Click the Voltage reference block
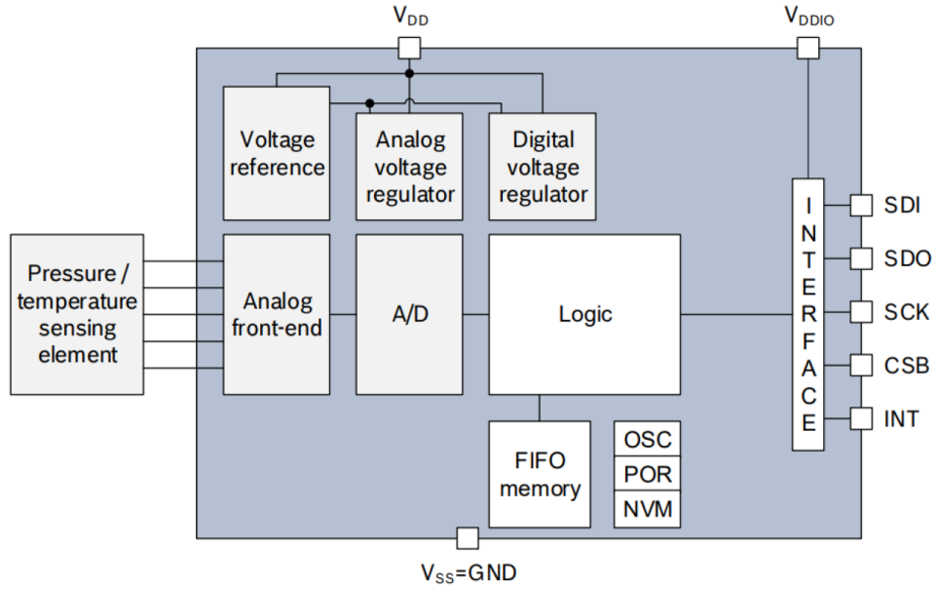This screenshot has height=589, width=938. (277, 153)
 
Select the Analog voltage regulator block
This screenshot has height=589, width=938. (410, 167)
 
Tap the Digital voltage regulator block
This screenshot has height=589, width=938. (543, 167)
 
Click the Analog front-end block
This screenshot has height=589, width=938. (277, 314)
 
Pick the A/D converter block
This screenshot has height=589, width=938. (409, 314)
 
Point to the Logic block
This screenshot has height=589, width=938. (584, 314)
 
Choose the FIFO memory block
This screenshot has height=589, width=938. (540, 474)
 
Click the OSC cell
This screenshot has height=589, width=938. (647, 439)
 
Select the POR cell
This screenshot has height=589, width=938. (647, 474)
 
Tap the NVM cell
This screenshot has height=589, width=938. (647, 510)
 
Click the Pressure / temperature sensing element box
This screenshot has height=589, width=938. (77, 314)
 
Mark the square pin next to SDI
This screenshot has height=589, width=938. (861, 205)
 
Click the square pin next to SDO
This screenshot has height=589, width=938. (861, 258)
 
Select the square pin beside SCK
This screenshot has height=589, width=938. (861, 312)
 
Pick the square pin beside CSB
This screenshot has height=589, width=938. (861, 366)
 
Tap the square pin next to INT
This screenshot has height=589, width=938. (861, 419)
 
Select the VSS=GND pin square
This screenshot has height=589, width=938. (468, 537)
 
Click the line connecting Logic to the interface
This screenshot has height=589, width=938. (736, 314)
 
